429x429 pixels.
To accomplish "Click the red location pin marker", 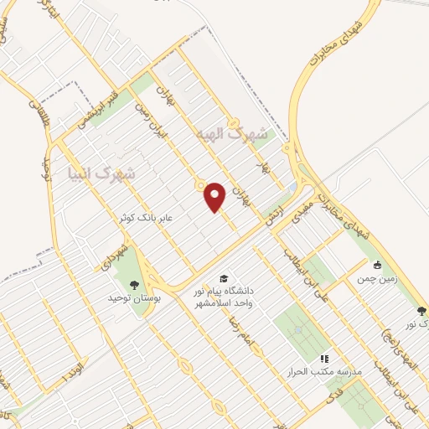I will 216,196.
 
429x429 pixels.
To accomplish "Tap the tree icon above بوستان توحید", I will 135,284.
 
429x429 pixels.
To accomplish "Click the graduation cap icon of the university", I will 224,277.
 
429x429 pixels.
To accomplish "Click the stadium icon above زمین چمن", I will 378,263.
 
